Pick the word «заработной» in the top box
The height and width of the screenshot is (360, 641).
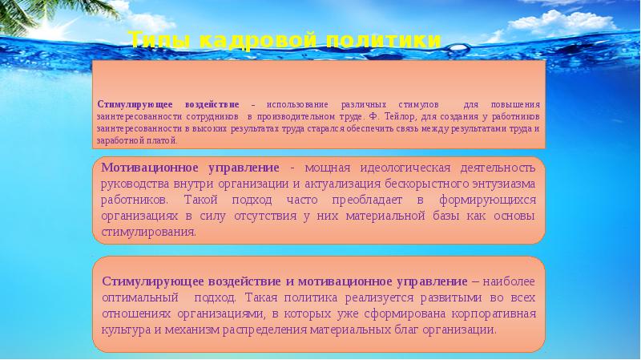pyautogui.click(x=120, y=140)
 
